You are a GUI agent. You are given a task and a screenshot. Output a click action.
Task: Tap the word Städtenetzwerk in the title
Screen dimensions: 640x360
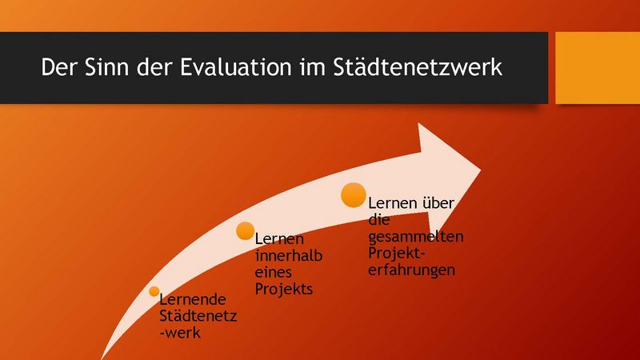tap(418, 66)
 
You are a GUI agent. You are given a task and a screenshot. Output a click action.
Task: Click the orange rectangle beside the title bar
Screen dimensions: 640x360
tap(598, 68)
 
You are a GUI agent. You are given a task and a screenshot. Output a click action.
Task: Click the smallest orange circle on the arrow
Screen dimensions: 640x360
tap(154, 291)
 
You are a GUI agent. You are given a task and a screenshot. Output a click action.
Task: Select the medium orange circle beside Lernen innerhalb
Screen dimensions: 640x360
tap(245, 230)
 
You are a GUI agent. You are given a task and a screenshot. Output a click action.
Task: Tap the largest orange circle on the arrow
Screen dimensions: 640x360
tap(354, 195)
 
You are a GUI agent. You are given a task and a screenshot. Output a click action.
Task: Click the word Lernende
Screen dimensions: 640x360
tap(192, 299)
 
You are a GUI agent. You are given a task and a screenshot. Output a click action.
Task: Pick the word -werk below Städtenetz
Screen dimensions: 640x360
tap(180, 333)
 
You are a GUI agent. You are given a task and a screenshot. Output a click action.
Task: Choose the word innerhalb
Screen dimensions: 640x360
tap(289, 255)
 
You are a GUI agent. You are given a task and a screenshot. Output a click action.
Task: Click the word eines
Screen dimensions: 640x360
tap(273, 272)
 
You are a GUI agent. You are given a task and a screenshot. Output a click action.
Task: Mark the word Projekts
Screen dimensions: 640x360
tap(284, 290)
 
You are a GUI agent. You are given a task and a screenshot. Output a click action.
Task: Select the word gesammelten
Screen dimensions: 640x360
tap(415, 237)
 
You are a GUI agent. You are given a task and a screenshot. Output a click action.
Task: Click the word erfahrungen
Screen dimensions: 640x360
tap(411, 270)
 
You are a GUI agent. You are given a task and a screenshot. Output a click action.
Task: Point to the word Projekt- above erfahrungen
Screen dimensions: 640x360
tap(397, 253)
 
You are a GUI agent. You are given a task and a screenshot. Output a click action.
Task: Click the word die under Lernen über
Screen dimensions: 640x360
tap(378, 219)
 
